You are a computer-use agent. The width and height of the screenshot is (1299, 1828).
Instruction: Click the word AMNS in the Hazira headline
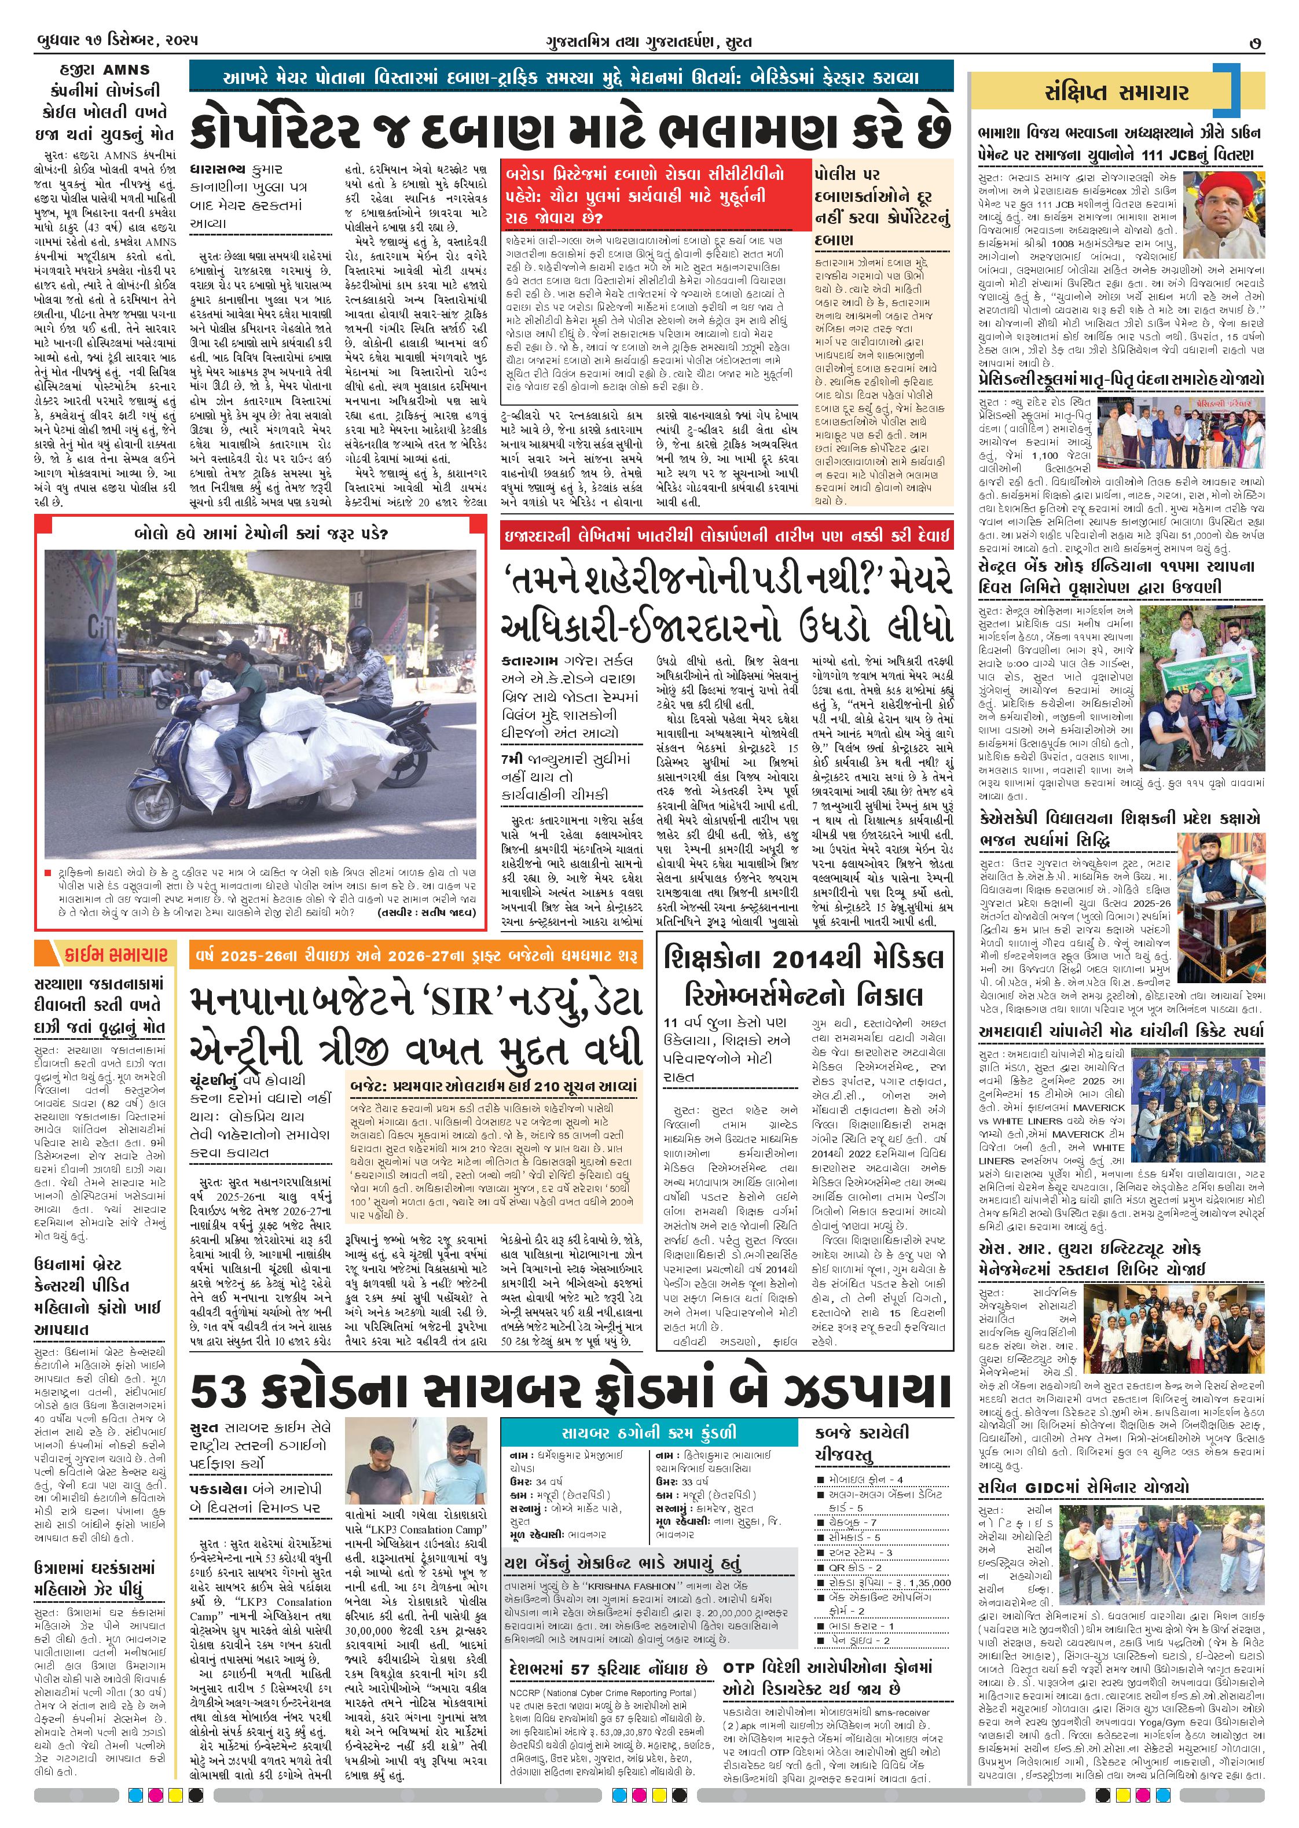[126, 69]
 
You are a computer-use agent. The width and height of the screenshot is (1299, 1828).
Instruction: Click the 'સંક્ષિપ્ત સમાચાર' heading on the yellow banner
[1116, 93]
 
